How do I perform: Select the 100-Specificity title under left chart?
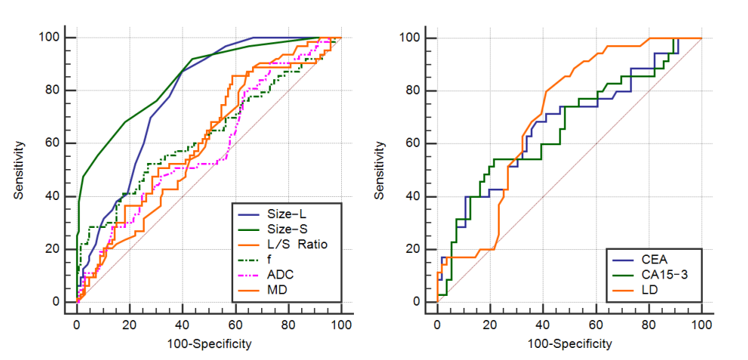point(208,343)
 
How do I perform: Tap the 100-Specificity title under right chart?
point(568,343)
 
